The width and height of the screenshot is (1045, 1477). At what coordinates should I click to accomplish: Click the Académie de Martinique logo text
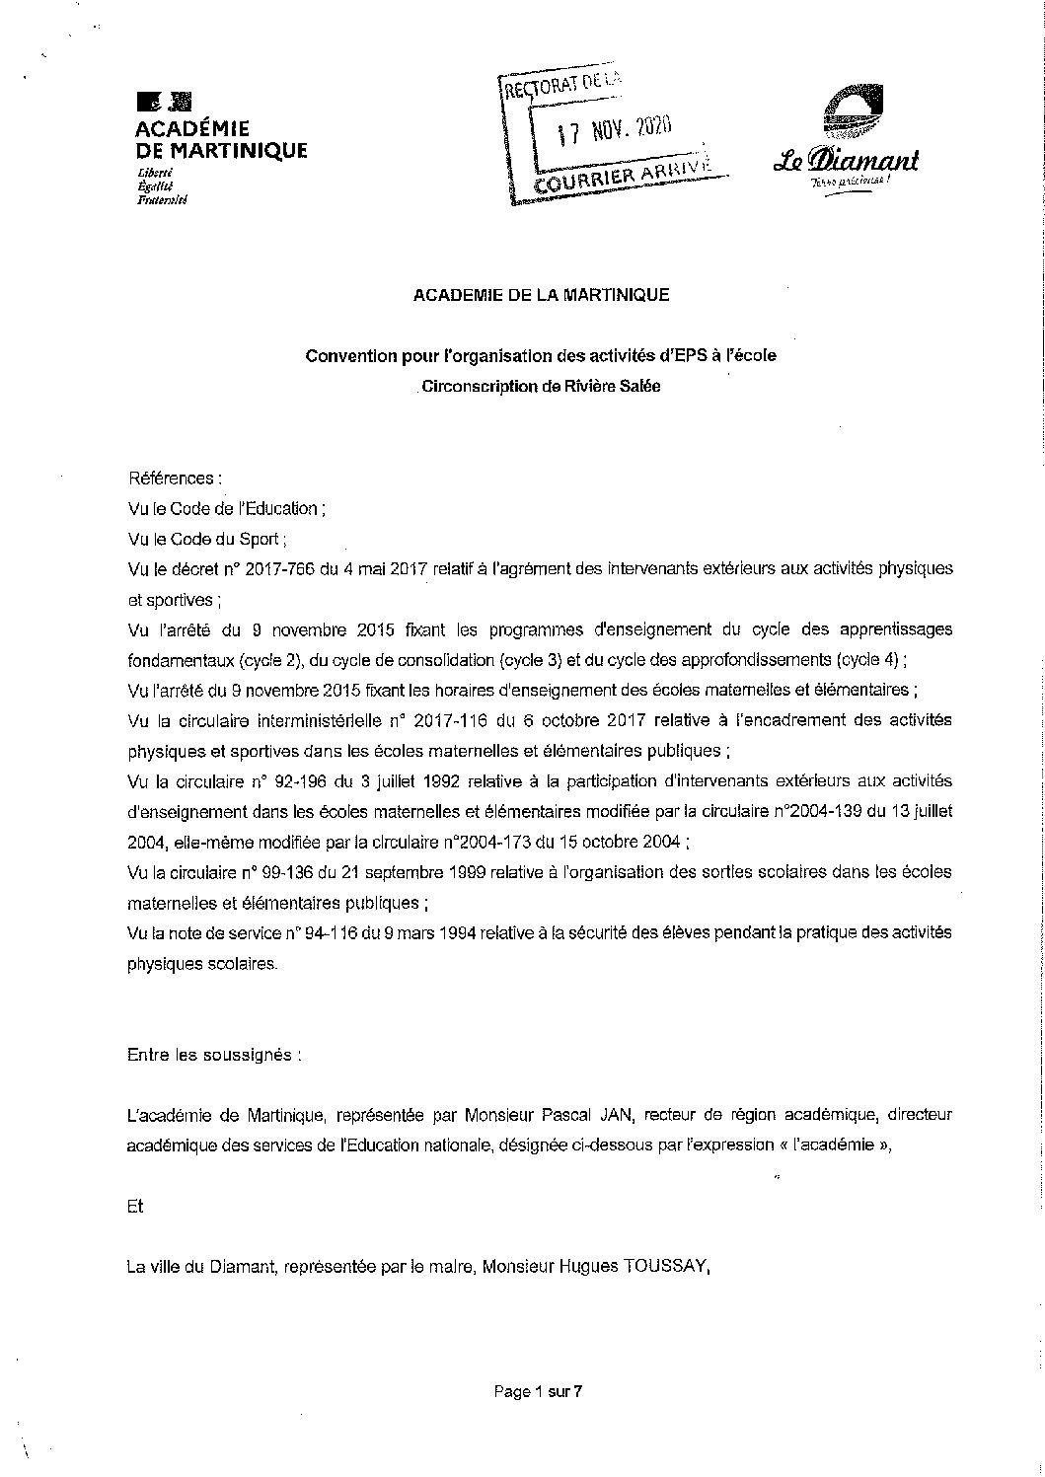pos(220,139)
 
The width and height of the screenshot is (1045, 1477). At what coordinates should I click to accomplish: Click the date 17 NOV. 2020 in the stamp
pos(613,129)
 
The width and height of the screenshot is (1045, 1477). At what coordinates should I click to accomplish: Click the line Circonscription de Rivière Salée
pos(541,386)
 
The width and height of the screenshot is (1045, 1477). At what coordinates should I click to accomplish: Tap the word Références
pos(173,479)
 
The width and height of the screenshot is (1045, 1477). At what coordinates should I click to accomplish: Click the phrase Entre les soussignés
pos(214,1054)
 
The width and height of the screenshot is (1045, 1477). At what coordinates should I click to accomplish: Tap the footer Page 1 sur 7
pos(539,1392)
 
